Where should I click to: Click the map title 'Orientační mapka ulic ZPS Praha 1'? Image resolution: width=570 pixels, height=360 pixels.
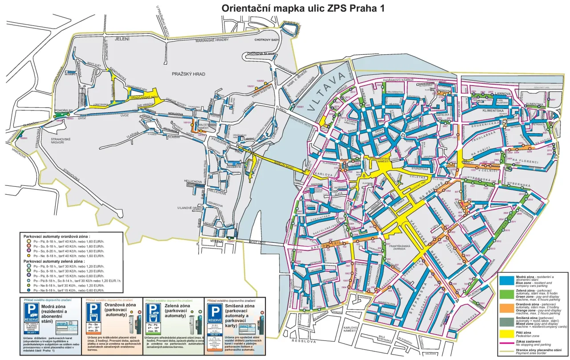click(303, 8)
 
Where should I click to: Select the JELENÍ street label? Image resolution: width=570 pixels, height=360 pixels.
click(122, 39)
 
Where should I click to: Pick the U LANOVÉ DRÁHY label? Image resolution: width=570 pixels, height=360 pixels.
click(190, 208)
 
